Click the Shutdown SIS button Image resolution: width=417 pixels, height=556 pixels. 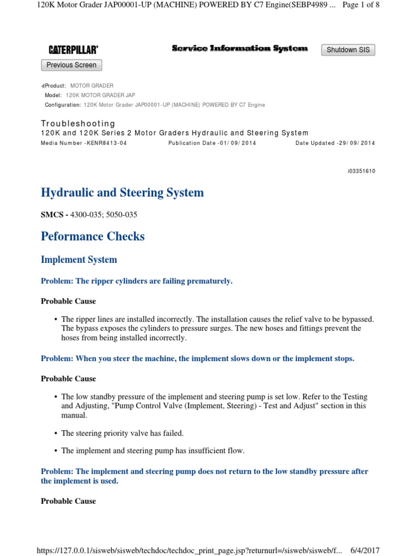348,50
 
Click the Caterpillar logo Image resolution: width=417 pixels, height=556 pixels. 73,50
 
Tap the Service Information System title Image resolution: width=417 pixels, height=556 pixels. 239,48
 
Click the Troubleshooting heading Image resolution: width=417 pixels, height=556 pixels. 78,123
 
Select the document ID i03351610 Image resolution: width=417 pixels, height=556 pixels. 361,171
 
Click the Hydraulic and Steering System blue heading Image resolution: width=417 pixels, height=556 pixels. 122,193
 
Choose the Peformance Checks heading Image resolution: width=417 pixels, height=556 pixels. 93,236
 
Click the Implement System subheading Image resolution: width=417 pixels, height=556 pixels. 79,260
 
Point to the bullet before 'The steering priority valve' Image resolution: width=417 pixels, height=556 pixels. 56,433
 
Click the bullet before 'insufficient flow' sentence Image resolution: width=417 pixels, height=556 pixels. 56,451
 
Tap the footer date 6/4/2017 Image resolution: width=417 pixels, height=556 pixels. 365,550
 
